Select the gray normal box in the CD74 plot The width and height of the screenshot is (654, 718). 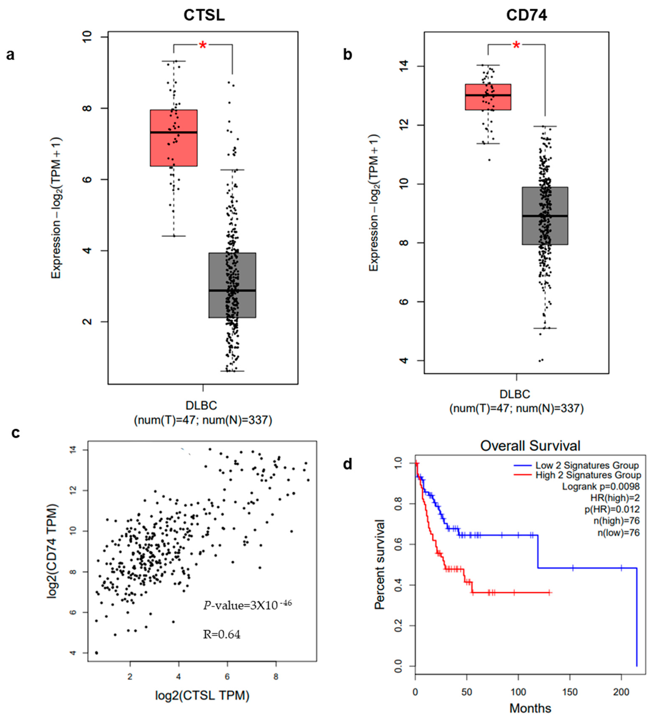click(x=545, y=216)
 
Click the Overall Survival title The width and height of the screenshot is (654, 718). click(x=530, y=445)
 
